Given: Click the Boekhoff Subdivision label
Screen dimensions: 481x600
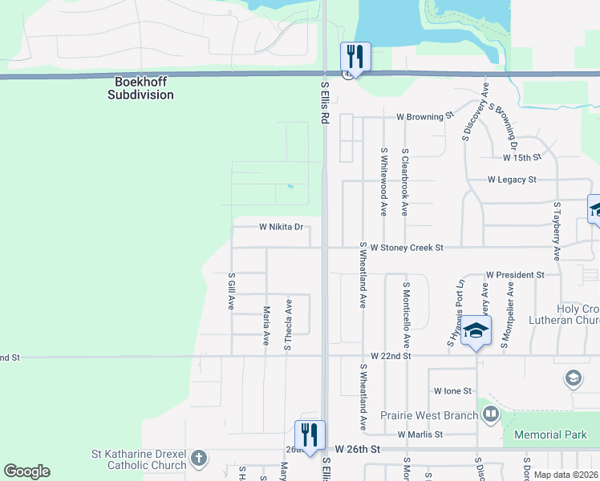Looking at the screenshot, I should click(140, 88).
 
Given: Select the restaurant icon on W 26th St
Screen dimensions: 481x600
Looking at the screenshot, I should click(310, 435).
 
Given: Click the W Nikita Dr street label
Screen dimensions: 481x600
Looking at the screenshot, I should click(281, 227).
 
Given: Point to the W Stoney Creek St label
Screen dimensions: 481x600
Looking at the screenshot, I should click(407, 248).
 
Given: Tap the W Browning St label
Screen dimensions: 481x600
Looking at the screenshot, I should click(425, 116).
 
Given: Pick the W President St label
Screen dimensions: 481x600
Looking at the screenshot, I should click(515, 274).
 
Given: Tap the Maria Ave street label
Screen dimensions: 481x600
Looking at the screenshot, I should click(266, 325).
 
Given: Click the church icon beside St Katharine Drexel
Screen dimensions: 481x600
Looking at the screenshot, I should click(199, 459).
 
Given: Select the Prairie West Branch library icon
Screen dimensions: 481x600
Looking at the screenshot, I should click(490, 415).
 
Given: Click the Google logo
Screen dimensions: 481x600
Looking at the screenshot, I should click(26, 471).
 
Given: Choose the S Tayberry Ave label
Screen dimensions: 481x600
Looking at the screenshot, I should click(556, 231).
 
